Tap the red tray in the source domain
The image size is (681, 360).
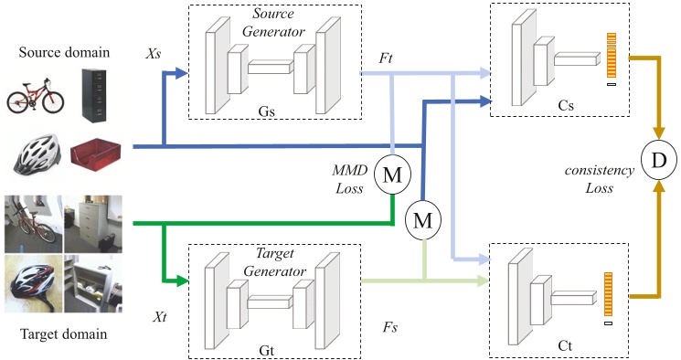click(95, 154)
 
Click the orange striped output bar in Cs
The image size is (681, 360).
click(611, 54)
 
